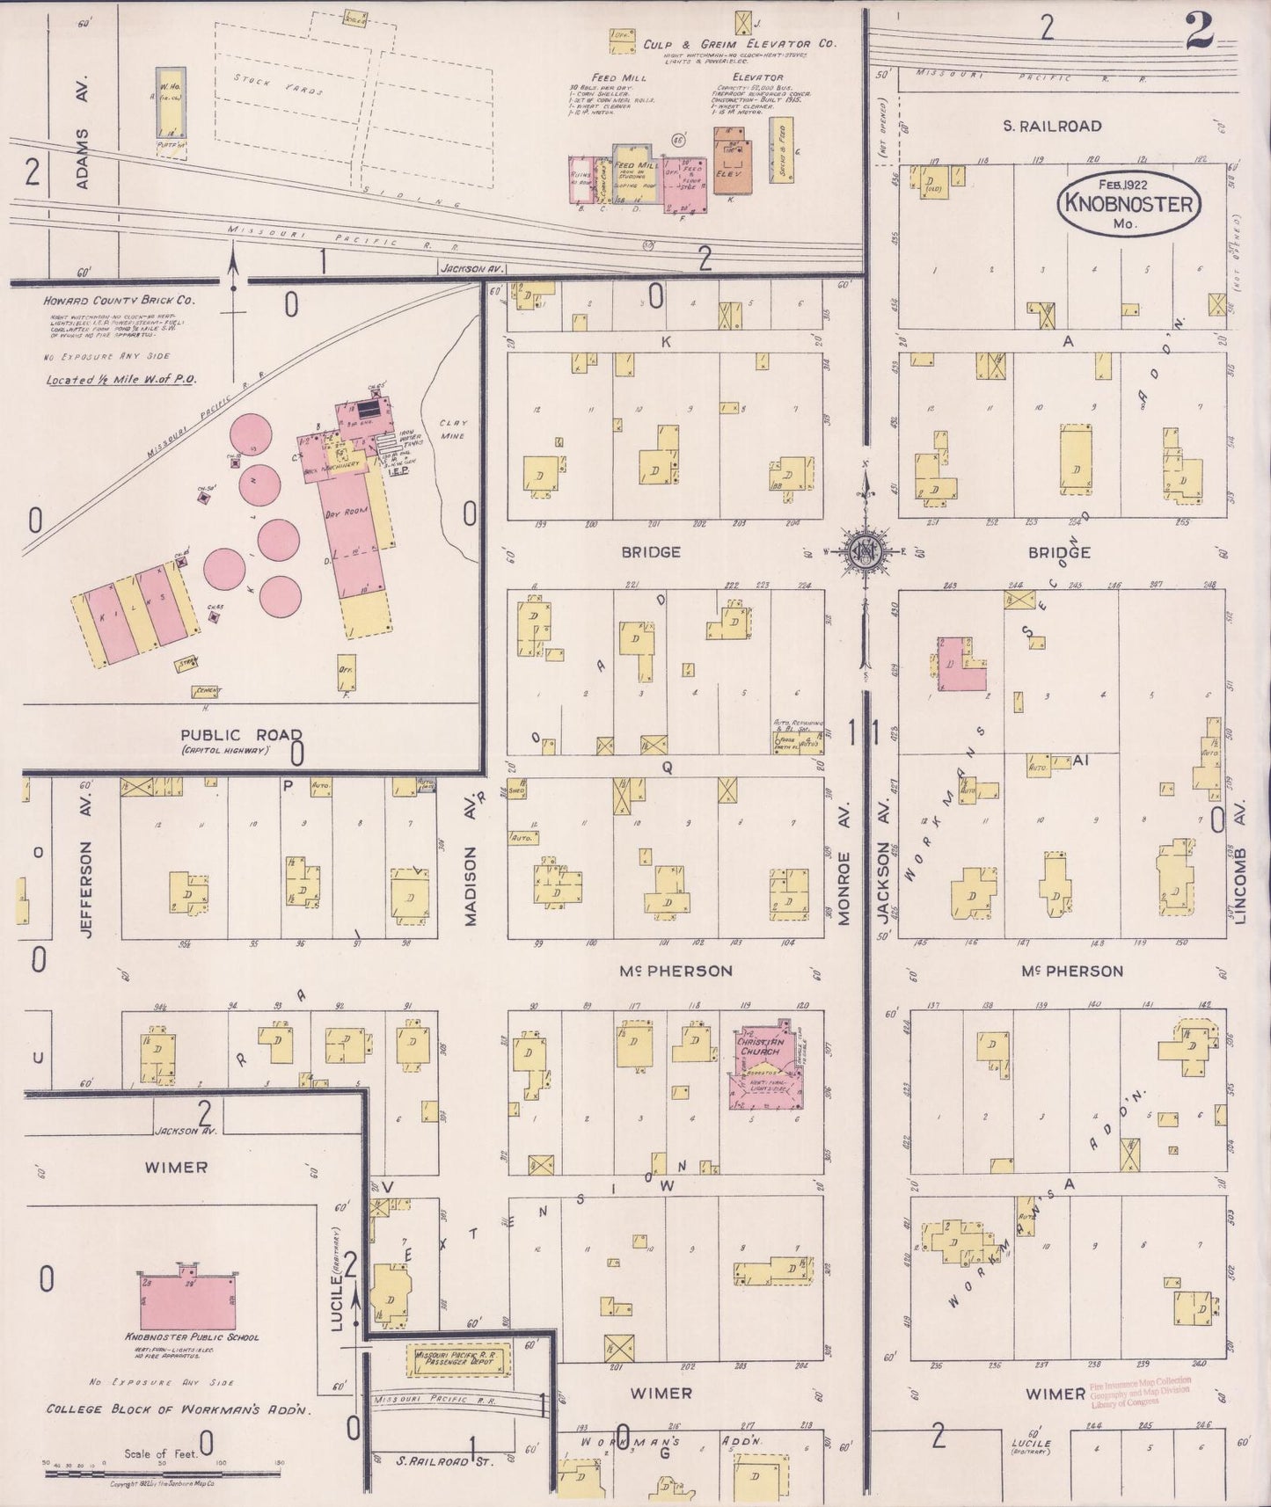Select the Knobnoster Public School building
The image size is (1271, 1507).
pyautogui.click(x=186, y=1304)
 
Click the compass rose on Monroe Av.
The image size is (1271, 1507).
pyautogui.click(x=866, y=551)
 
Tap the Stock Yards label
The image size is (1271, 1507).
pyautogui.click(x=281, y=85)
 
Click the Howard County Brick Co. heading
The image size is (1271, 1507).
pyautogui.click(x=120, y=301)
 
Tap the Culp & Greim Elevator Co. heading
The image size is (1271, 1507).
pyautogui.click(x=739, y=44)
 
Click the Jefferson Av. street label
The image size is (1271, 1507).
pyautogui.click(x=86, y=889)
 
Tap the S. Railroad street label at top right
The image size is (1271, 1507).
pyautogui.click(x=1052, y=127)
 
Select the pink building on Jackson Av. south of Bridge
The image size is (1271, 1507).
pyautogui.click(x=960, y=664)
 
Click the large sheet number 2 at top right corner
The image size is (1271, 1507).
pyautogui.click(x=1199, y=31)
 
